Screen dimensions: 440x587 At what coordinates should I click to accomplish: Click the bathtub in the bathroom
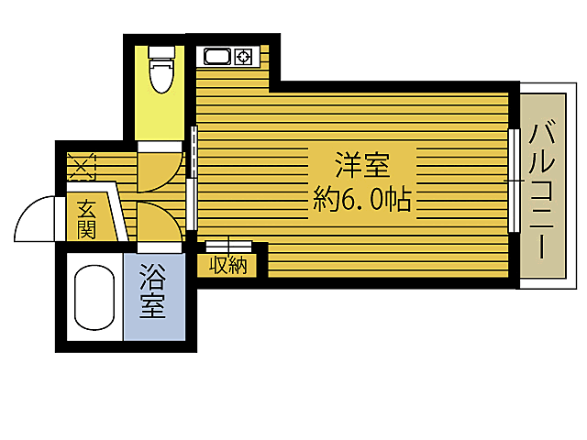(x=93, y=298)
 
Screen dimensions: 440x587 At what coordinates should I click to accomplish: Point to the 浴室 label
(x=152, y=291)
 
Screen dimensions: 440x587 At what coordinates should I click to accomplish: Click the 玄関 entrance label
(x=86, y=219)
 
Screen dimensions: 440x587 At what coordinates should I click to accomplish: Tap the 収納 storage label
(x=228, y=267)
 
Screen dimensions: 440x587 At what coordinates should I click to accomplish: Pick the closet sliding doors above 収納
(x=228, y=245)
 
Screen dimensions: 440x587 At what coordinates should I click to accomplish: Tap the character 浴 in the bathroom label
(x=152, y=277)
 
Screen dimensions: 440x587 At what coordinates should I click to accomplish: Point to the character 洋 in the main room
(x=348, y=167)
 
